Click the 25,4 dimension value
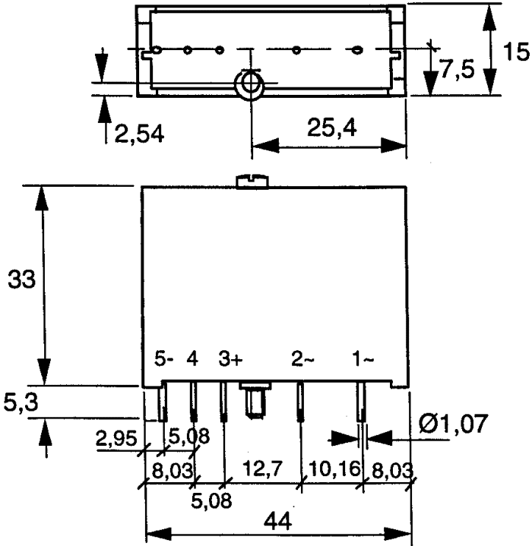(331, 128)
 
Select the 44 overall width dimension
(277, 521)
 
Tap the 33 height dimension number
(21, 279)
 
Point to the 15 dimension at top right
(516, 52)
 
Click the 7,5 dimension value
(458, 69)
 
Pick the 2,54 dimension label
(139, 134)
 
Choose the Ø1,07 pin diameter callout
(453, 424)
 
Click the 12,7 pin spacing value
(263, 468)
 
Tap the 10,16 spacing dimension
(334, 469)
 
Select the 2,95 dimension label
(116, 439)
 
